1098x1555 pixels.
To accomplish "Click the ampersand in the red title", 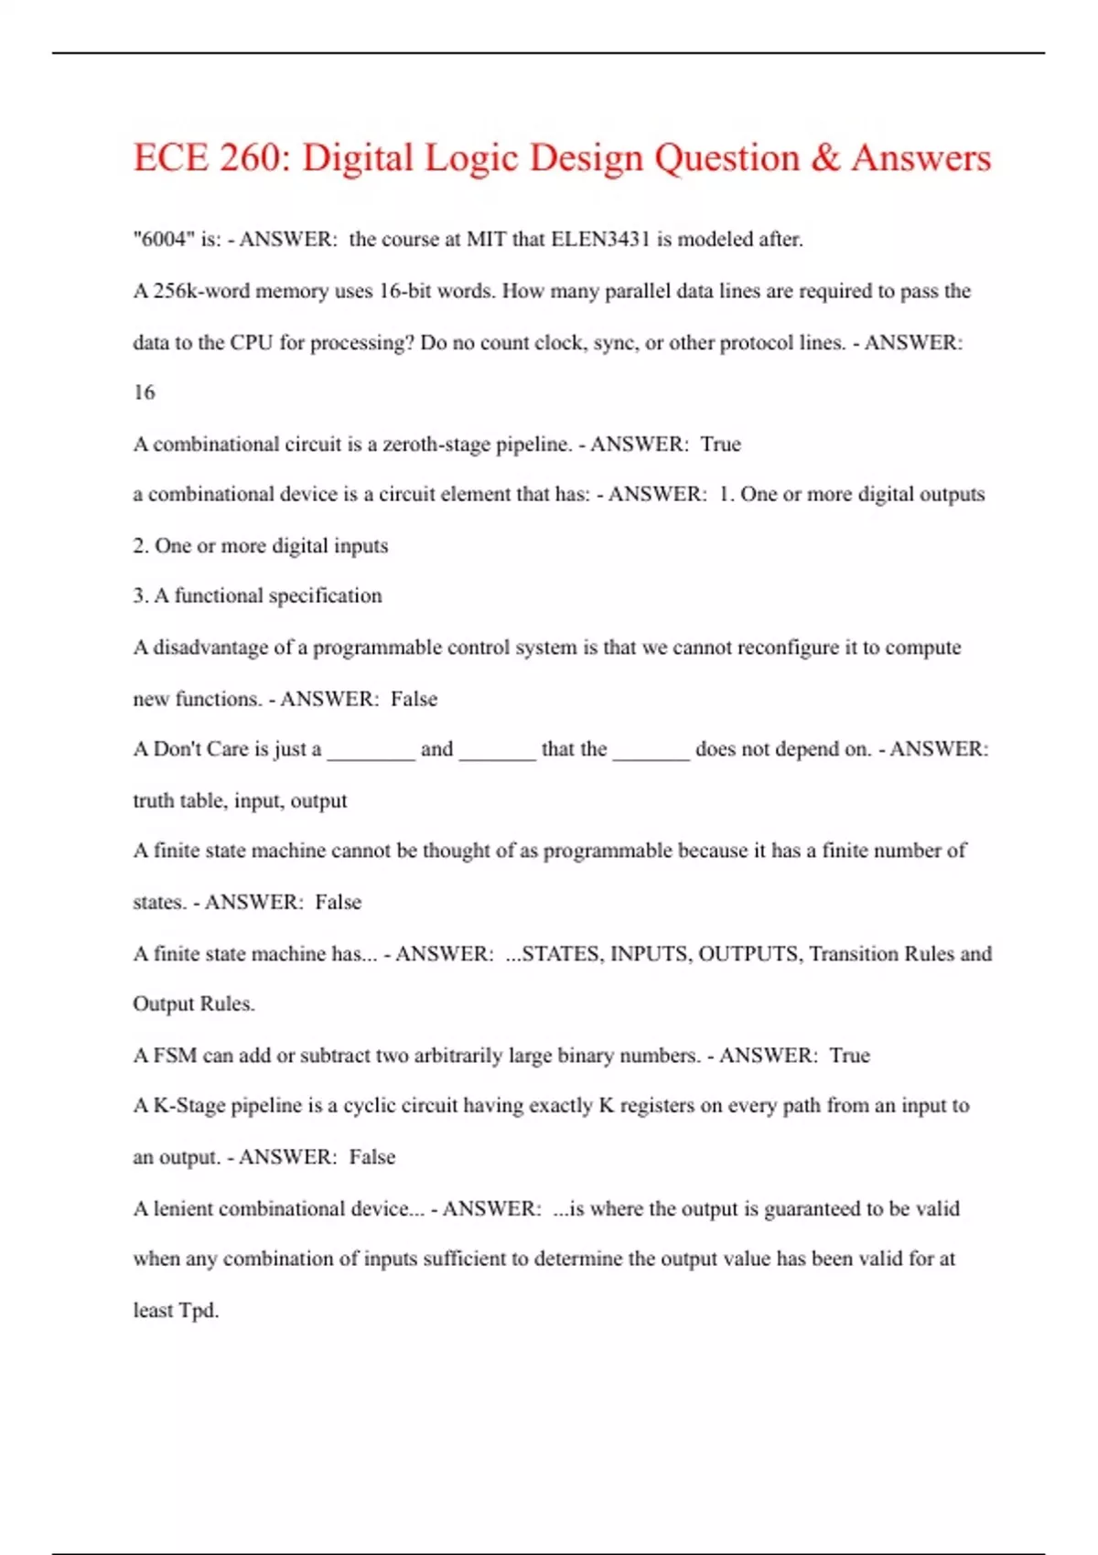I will pyautogui.click(x=824, y=157).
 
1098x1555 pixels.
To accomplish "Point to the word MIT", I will pyautogui.click(x=487, y=240).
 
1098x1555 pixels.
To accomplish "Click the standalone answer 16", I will pyautogui.click(x=144, y=392).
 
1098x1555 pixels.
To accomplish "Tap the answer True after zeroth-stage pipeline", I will pyautogui.click(x=720, y=445).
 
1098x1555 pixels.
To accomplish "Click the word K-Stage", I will pyautogui.click(x=188, y=1106).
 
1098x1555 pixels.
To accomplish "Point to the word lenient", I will pyautogui.click(x=183, y=1208).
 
